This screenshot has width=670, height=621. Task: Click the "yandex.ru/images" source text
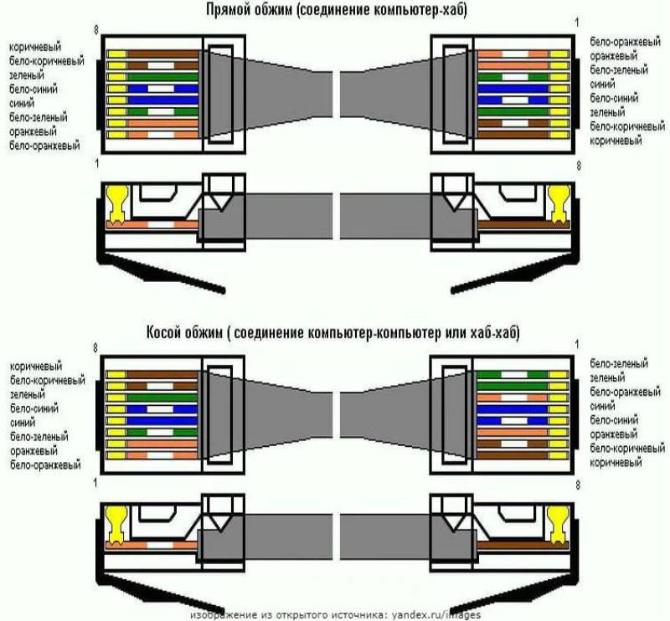coord(436,614)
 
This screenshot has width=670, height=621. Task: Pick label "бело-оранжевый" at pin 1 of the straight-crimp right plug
coord(625,42)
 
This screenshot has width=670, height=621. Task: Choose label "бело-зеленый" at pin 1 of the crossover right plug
coord(619,363)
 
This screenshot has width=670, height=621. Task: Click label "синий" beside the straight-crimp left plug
coord(22,103)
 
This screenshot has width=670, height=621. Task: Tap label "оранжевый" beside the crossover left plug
coord(33,451)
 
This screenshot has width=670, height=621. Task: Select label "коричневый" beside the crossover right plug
coord(616,463)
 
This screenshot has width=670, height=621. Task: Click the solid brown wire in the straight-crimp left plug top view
coord(162,54)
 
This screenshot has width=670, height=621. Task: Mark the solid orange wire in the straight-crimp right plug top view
coord(513,66)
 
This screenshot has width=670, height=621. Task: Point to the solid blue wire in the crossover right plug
coord(512,409)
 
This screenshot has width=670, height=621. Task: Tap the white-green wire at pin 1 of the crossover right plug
coord(512,375)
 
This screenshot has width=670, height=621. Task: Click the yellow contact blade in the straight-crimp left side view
coord(118,205)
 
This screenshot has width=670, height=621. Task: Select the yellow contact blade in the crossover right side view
coord(559,525)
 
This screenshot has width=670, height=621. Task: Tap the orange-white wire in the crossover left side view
coord(152,545)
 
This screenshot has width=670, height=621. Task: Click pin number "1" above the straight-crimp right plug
coord(577,23)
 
